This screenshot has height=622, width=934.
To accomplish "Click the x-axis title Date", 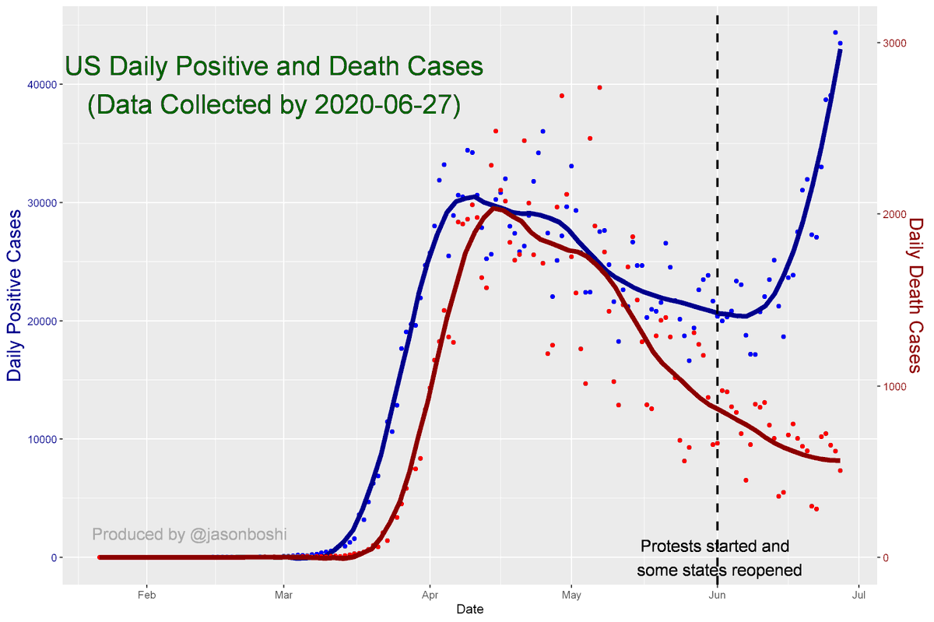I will [470, 610].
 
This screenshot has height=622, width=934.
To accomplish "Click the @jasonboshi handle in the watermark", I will [237, 535].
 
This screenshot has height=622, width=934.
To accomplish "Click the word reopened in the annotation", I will [762, 570].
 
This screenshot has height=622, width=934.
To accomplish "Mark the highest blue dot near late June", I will [835, 33].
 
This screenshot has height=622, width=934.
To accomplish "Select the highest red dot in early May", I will [599, 87].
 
